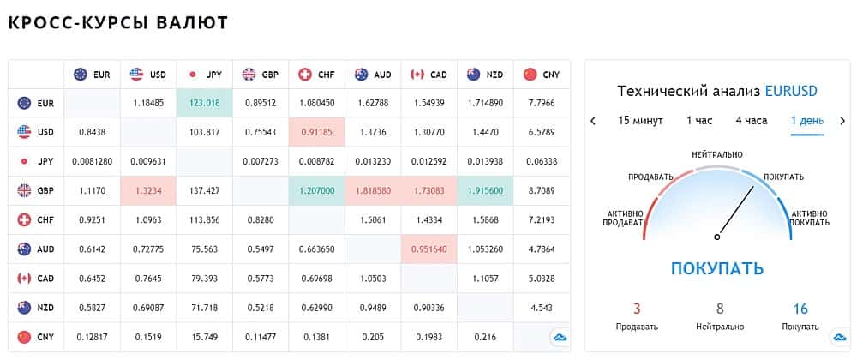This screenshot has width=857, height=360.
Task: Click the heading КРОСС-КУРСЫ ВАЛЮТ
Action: coord(118,22)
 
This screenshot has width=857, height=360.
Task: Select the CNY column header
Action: coord(542,75)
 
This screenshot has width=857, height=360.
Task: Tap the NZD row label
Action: coord(37,307)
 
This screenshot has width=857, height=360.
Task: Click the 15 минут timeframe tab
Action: coord(640,121)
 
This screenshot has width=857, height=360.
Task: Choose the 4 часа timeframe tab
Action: coord(751,121)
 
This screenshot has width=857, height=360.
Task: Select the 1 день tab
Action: coord(806,121)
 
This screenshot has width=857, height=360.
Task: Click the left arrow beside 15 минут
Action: coord(593,121)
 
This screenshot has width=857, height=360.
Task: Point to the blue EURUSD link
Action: coord(791,91)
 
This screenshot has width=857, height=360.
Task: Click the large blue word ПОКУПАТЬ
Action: coord(716,268)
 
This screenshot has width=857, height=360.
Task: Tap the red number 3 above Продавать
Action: coord(637,309)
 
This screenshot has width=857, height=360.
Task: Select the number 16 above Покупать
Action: coord(800,309)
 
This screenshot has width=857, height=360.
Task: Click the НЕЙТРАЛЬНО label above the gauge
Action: coord(717,154)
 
